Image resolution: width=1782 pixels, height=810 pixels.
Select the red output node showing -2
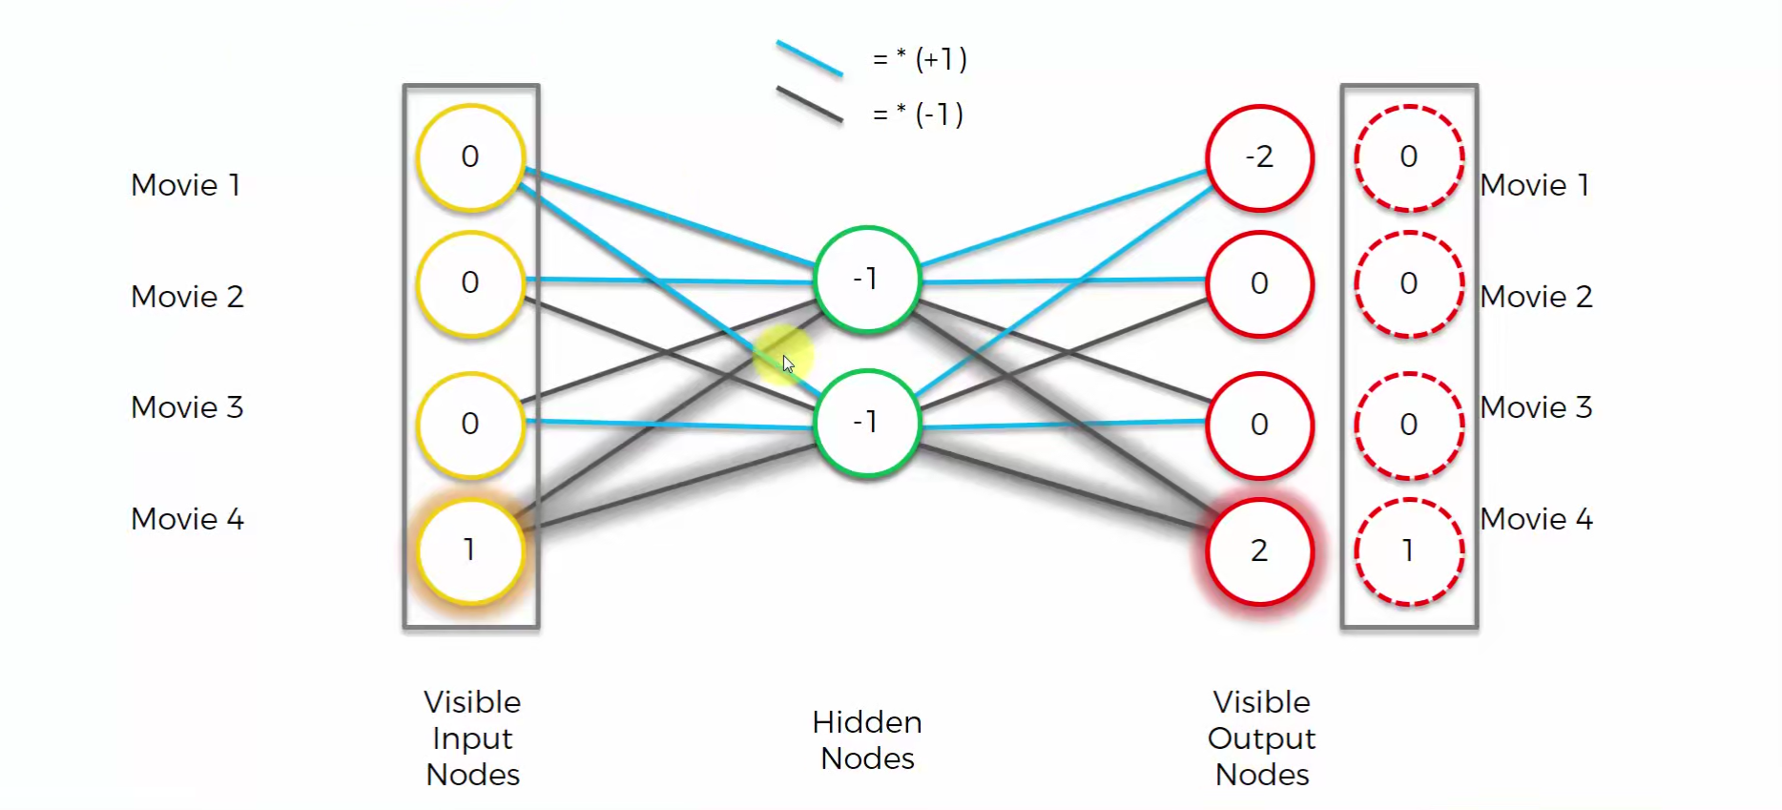(x=1259, y=157)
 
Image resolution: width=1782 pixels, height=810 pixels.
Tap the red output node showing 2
(x=1259, y=551)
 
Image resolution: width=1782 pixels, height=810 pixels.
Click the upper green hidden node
(x=867, y=280)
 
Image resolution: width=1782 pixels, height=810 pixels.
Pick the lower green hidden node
(x=867, y=423)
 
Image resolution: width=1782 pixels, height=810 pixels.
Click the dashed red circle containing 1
(x=1408, y=551)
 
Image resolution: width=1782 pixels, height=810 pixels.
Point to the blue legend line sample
(x=809, y=58)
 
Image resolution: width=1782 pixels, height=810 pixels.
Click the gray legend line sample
(x=809, y=104)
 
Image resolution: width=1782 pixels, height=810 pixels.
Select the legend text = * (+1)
(x=920, y=59)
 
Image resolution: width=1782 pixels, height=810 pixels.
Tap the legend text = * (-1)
(x=918, y=114)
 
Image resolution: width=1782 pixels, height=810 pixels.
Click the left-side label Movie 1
(x=186, y=185)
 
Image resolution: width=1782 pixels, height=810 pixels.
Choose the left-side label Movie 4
(x=188, y=519)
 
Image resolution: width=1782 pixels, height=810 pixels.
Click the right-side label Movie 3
(x=1536, y=407)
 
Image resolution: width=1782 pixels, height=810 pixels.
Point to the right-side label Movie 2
(x=1536, y=297)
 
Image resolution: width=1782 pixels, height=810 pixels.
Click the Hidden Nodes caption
(x=867, y=739)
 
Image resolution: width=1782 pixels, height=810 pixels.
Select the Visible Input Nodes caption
(x=472, y=737)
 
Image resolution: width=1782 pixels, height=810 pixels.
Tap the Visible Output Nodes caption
(x=1261, y=737)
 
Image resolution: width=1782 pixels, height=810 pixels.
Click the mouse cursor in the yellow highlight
(x=788, y=363)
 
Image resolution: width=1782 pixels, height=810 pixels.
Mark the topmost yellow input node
(x=470, y=157)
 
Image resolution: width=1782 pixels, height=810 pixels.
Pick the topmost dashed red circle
(x=1408, y=157)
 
